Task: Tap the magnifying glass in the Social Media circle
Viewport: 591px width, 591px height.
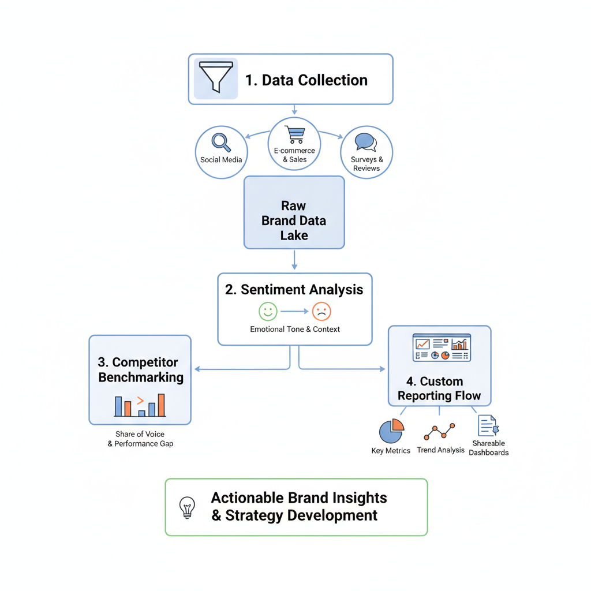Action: [x=221, y=142]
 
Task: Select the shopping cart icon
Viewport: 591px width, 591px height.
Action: [x=294, y=134]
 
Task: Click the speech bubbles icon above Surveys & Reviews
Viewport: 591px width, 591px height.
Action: [x=365, y=142]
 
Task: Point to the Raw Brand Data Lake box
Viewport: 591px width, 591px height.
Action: [x=294, y=213]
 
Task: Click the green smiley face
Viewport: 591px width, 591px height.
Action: [x=268, y=312]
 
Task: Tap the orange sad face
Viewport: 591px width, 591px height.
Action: [x=321, y=312]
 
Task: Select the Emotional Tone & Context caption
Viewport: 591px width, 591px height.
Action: [x=295, y=329]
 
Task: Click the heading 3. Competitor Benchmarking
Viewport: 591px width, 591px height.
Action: [x=141, y=370]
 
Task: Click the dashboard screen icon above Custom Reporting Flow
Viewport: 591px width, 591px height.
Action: [x=442, y=348]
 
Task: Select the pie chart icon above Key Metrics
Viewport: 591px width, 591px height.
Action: [x=391, y=431]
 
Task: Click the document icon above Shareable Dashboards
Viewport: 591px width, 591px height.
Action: [x=488, y=426]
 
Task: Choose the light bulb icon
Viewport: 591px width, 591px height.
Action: [x=187, y=507]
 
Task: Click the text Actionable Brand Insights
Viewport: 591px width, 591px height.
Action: [x=299, y=498]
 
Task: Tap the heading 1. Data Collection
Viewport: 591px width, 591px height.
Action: [x=306, y=80]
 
